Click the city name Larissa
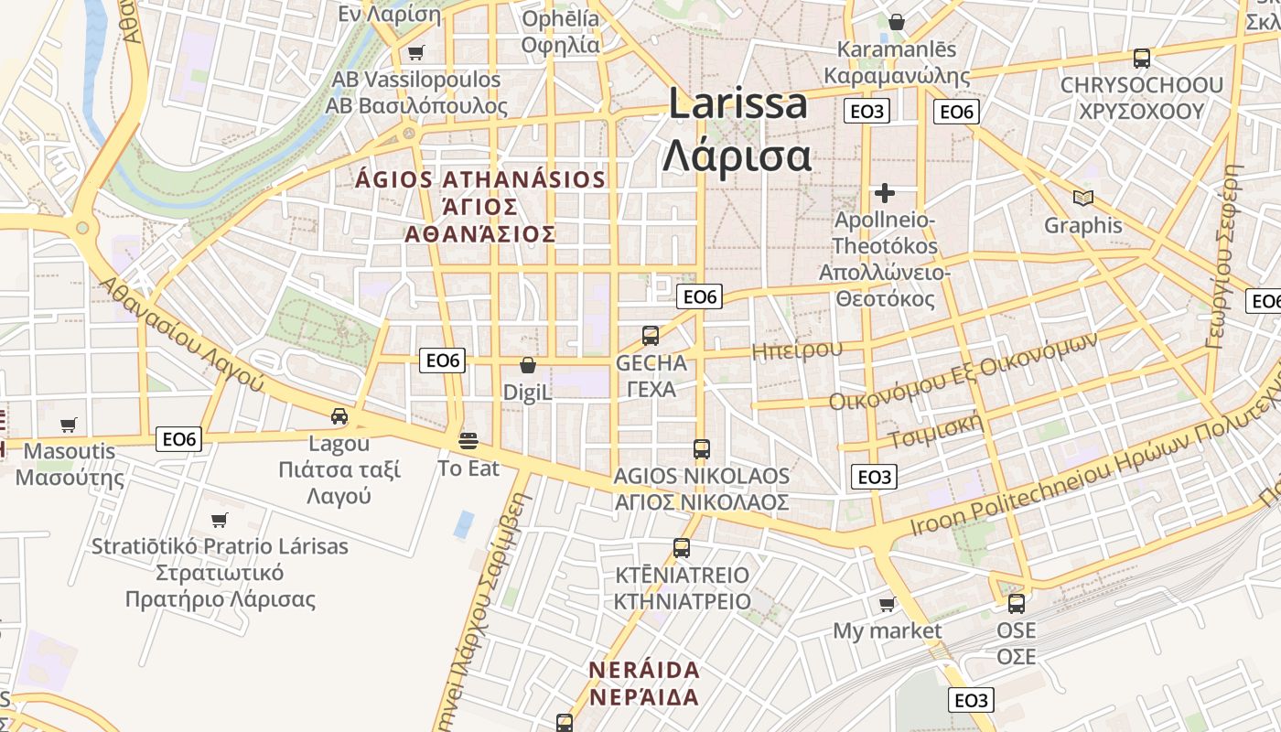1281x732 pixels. tap(737, 103)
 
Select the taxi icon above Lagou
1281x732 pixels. tap(339, 416)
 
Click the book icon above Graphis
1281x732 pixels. tap(1083, 198)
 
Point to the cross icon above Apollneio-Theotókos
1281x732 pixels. tap(884, 193)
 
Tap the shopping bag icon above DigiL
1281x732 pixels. tap(528, 366)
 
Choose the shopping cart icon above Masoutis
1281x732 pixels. tap(69, 425)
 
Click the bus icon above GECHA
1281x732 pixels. tap(651, 336)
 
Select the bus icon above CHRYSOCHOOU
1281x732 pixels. tap(1141, 59)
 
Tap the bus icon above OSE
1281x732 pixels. tap(1017, 604)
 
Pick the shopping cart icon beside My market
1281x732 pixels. tap(887, 604)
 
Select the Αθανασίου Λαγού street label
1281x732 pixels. tap(182, 334)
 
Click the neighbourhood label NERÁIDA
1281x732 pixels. tap(644, 670)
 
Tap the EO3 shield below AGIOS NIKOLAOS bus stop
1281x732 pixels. tap(874, 477)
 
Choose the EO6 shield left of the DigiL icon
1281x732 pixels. tap(443, 361)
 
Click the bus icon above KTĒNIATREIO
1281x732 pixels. tap(682, 548)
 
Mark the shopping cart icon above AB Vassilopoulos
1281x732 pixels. tap(416, 53)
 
